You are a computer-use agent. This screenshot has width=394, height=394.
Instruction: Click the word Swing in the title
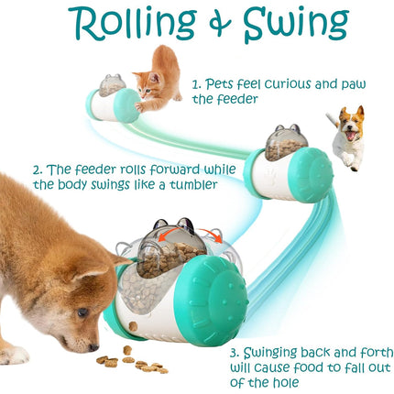pos(293,25)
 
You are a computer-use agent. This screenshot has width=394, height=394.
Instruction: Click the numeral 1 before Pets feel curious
pos(195,82)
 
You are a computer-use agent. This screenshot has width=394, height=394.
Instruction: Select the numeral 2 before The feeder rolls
pos(38,170)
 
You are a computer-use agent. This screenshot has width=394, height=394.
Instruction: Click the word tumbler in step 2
pos(197,185)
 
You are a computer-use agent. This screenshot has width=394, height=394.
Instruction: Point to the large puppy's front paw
pos(13,353)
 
